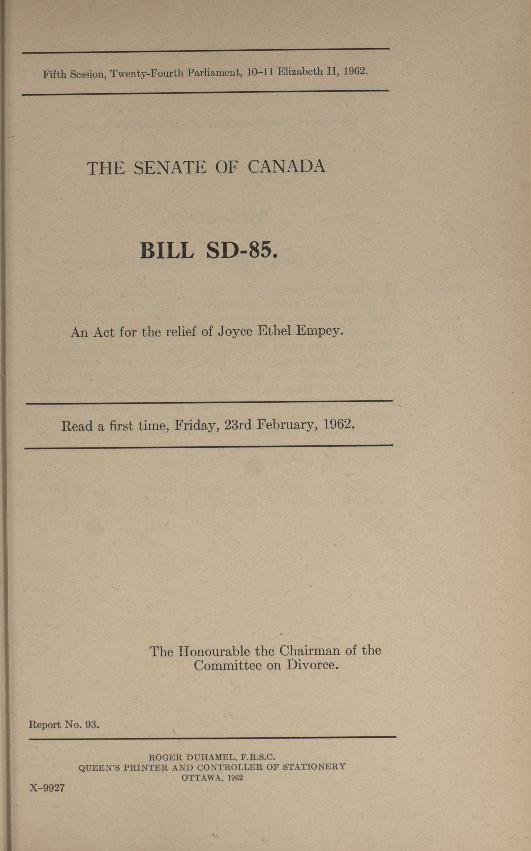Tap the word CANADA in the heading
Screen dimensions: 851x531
pos(287,167)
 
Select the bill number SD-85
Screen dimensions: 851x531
pos(242,251)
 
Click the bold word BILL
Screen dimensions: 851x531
pos(167,251)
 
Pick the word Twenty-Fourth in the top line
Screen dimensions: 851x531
pos(147,73)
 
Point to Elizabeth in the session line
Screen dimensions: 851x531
pos(300,72)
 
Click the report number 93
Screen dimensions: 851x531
pos(92,724)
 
